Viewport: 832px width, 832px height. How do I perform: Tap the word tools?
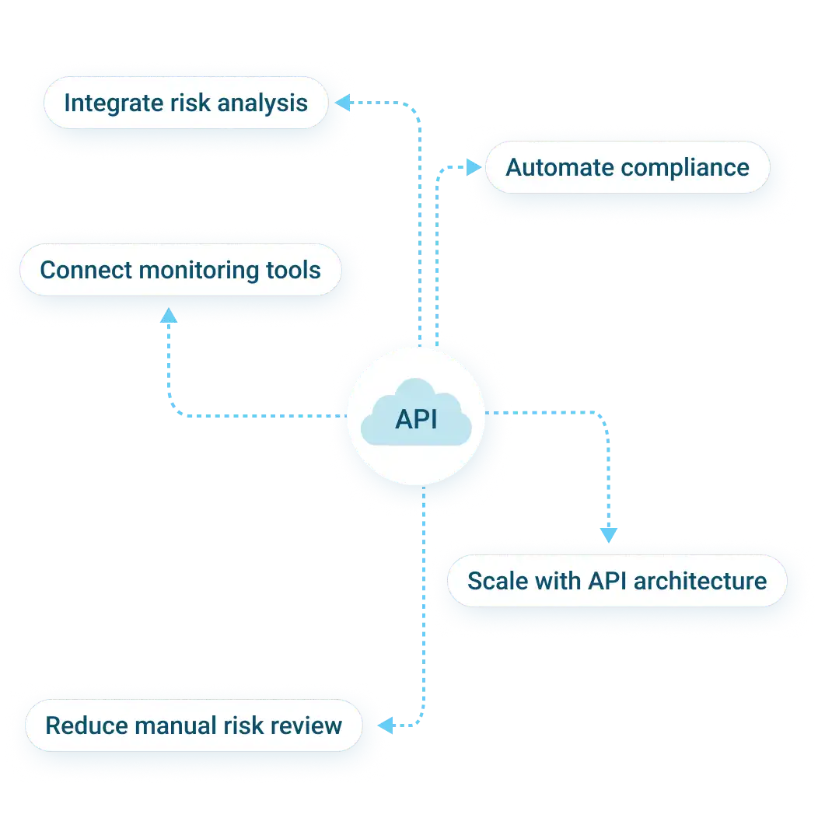pyautogui.click(x=293, y=270)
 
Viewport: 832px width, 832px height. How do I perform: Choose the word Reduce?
pyautogui.click(x=87, y=725)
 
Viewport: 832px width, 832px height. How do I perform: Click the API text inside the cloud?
pyautogui.click(x=416, y=419)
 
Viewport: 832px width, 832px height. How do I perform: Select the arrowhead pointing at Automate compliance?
pyautogui.click(x=474, y=167)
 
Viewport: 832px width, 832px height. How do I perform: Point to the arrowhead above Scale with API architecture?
pyautogui.click(x=609, y=533)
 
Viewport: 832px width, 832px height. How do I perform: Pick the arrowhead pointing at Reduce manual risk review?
pyautogui.click(x=386, y=725)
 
